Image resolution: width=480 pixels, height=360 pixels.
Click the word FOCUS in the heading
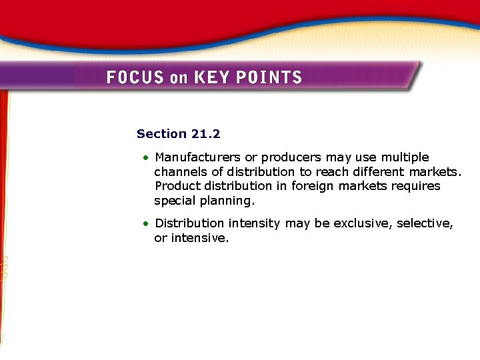[135, 77]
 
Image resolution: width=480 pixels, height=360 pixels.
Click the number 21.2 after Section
[205, 134]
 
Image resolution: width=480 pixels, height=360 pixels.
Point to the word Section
[162, 134]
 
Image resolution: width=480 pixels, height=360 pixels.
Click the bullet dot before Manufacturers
[145, 158]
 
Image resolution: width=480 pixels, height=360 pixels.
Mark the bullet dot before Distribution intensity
[145, 224]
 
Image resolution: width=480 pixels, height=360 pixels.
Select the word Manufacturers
[197, 157]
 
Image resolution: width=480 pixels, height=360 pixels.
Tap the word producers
[291, 158]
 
